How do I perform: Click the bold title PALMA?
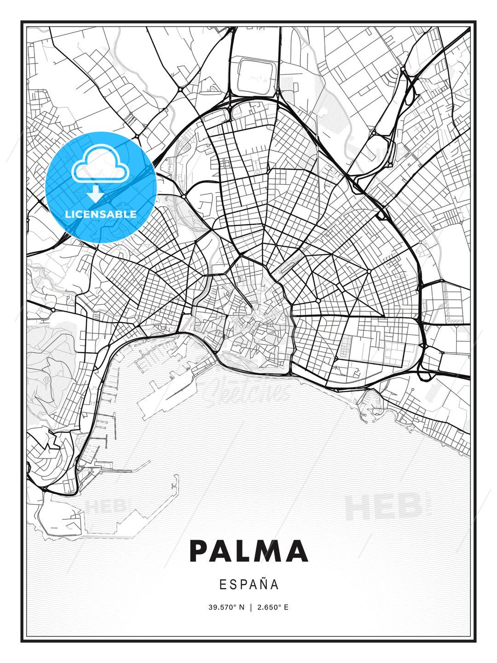(248, 551)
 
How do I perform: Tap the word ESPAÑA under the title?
(248, 585)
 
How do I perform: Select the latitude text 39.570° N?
(227, 607)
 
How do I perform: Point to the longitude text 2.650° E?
(273, 607)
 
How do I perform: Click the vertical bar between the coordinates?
(251, 607)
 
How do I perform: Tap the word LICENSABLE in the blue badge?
(101, 214)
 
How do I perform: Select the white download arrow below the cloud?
(95, 193)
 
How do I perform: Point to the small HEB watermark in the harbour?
(105, 507)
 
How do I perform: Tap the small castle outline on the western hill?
(46, 381)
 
